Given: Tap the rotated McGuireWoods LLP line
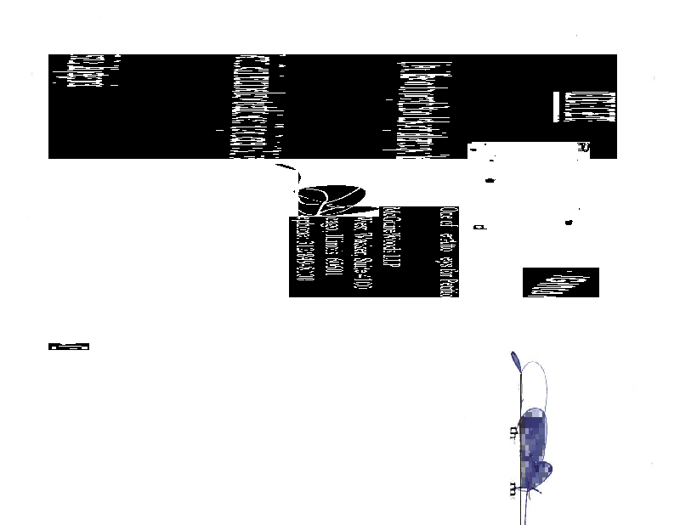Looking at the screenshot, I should pos(390,251).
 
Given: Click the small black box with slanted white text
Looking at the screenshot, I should pos(560,283).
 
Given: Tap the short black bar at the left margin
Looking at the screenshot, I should pos(70,346).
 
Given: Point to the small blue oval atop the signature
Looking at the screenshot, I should pos(516,362).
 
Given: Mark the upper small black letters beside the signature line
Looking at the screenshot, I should pos(512,432).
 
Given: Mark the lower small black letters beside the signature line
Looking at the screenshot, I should pos(512,488).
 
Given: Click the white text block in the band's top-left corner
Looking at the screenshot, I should pos(85,71).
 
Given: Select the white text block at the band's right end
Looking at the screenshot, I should pos(596,105).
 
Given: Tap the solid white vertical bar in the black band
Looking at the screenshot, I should pos(557,106).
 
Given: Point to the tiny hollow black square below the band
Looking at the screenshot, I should pos(481,228).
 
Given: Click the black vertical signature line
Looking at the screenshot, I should pos(518,450).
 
